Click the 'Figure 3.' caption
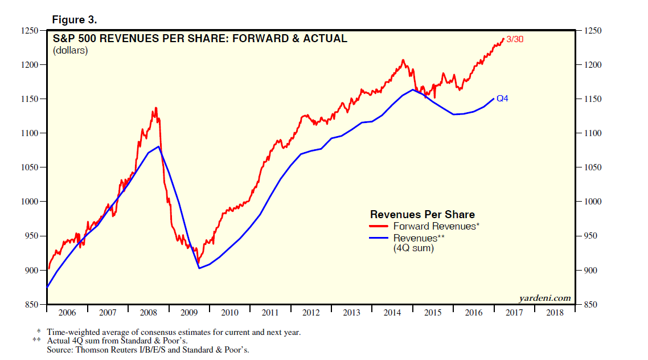tap(75, 20)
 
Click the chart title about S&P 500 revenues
tap(200, 39)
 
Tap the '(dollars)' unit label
tap(71, 51)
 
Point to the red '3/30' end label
tap(515, 39)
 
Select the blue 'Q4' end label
tap(502, 99)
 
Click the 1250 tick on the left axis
tap(28, 31)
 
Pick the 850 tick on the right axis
tap(590, 305)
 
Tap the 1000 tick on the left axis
tap(28, 202)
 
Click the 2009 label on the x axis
tap(190, 313)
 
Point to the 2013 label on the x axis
tap(352, 313)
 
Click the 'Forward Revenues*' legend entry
tap(436, 226)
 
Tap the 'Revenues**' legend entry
tap(419, 238)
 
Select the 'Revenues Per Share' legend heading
tap(422, 214)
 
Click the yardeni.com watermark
tap(544, 298)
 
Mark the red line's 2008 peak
tap(155, 108)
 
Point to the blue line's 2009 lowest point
tap(199, 268)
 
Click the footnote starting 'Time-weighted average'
tap(174, 332)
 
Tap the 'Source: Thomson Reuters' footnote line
tap(148, 349)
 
